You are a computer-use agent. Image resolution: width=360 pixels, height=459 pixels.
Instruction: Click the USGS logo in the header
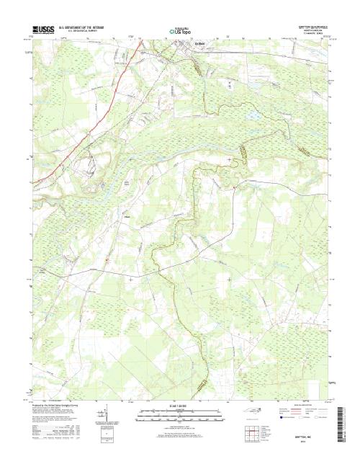click(x=42, y=30)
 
